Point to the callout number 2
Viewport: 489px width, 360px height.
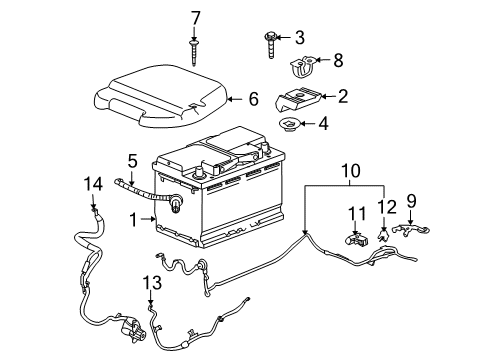344,97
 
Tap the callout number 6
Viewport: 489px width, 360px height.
253,98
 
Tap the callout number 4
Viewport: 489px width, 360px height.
321,126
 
